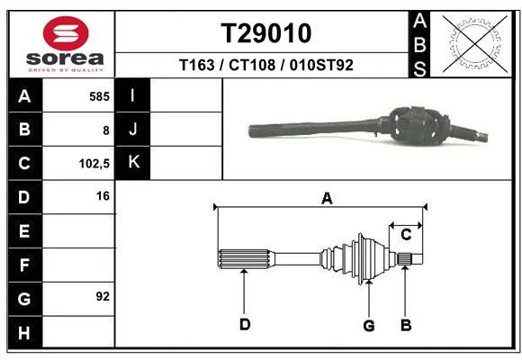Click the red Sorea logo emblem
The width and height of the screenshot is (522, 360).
66,33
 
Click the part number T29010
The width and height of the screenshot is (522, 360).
266,33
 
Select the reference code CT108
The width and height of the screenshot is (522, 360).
252,65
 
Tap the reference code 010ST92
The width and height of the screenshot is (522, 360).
321,65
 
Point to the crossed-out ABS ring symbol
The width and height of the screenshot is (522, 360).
475,43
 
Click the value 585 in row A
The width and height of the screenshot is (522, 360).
99,96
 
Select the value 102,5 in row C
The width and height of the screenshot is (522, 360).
94,164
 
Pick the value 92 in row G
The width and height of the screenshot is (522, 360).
103,296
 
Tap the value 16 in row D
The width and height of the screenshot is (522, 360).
103,196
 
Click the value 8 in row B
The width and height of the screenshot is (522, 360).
106,130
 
